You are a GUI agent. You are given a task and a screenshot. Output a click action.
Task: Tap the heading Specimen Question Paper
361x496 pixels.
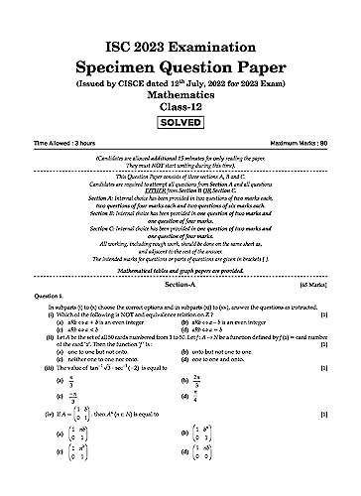tap(180, 43)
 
